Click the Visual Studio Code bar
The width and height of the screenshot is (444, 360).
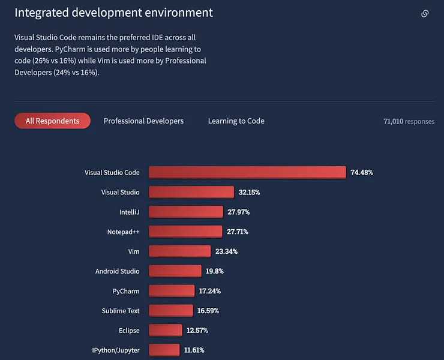247,172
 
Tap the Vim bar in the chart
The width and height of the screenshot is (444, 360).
179,251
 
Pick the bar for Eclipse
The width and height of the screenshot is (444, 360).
165,331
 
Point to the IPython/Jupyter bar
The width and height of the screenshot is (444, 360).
164,350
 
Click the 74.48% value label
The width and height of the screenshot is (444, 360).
362,172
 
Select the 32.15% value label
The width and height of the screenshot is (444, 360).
249,192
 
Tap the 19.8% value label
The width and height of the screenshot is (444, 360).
215,271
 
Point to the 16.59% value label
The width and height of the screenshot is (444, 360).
208,311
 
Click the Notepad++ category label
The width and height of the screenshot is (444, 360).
123,232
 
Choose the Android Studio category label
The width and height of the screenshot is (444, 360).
117,271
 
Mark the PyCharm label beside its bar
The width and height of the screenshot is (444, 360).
126,291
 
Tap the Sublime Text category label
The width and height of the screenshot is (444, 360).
121,311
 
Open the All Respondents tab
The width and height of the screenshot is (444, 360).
52,121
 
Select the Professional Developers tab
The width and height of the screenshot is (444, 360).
143,121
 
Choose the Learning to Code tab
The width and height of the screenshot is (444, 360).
236,121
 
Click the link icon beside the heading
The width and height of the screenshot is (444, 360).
425,14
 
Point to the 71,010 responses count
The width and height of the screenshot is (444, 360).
409,121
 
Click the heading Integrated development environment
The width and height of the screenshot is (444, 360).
113,13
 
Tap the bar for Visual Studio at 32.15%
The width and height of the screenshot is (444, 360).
191,192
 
